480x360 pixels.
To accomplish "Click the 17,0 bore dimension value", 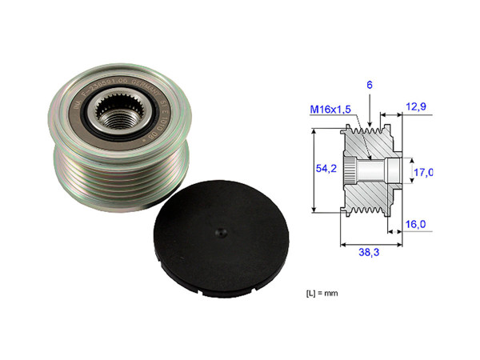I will pos(423,172).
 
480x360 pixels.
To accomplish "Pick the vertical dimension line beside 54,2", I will pos(312,170).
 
